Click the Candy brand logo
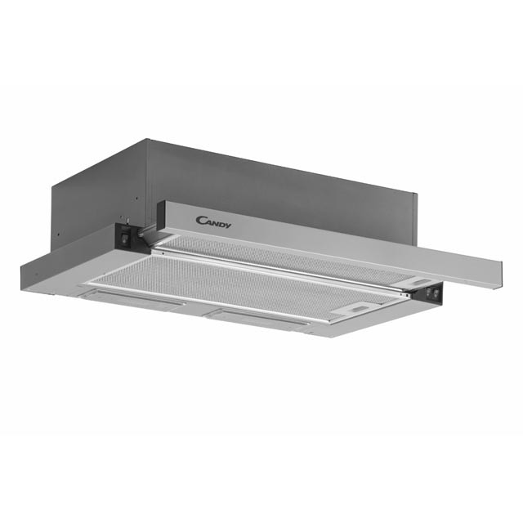pyautogui.click(x=213, y=222)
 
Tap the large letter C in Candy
pyautogui.click(x=201, y=220)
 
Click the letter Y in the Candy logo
pyautogui.click(x=228, y=226)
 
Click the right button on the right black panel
pyautogui.click(x=435, y=294)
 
